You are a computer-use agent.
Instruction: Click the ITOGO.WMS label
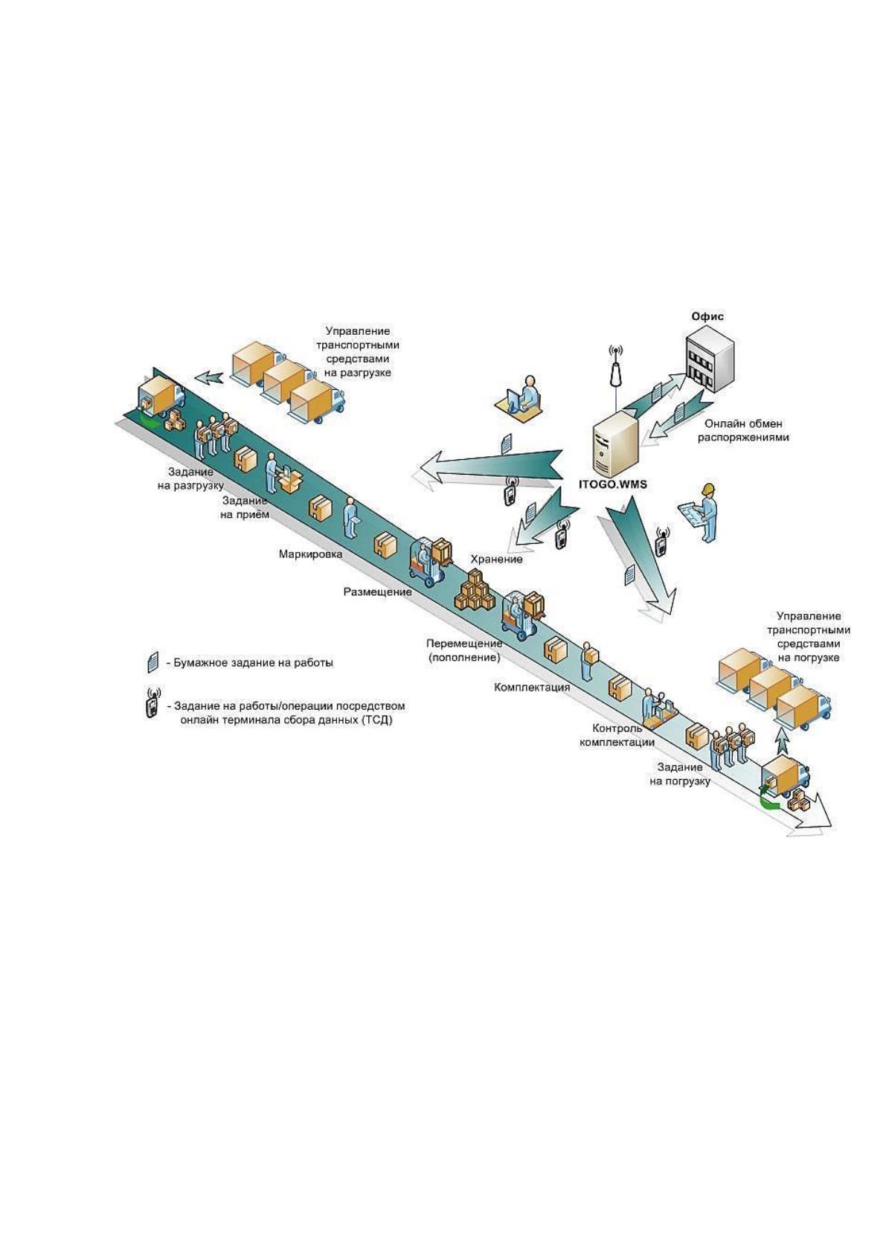click(612, 484)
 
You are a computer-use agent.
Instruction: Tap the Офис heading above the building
click(707, 317)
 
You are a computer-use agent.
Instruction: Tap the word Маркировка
click(310, 554)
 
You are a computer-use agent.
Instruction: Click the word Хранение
click(496, 559)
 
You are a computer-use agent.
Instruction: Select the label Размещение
click(378, 592)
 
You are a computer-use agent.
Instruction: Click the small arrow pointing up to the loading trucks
click(783, 743)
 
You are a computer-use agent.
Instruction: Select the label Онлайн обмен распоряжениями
click(743, 430)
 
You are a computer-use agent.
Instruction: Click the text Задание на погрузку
click(680, 774)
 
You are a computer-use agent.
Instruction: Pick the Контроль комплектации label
click(617, 735)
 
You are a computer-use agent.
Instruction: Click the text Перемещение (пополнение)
click(464, 650)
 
